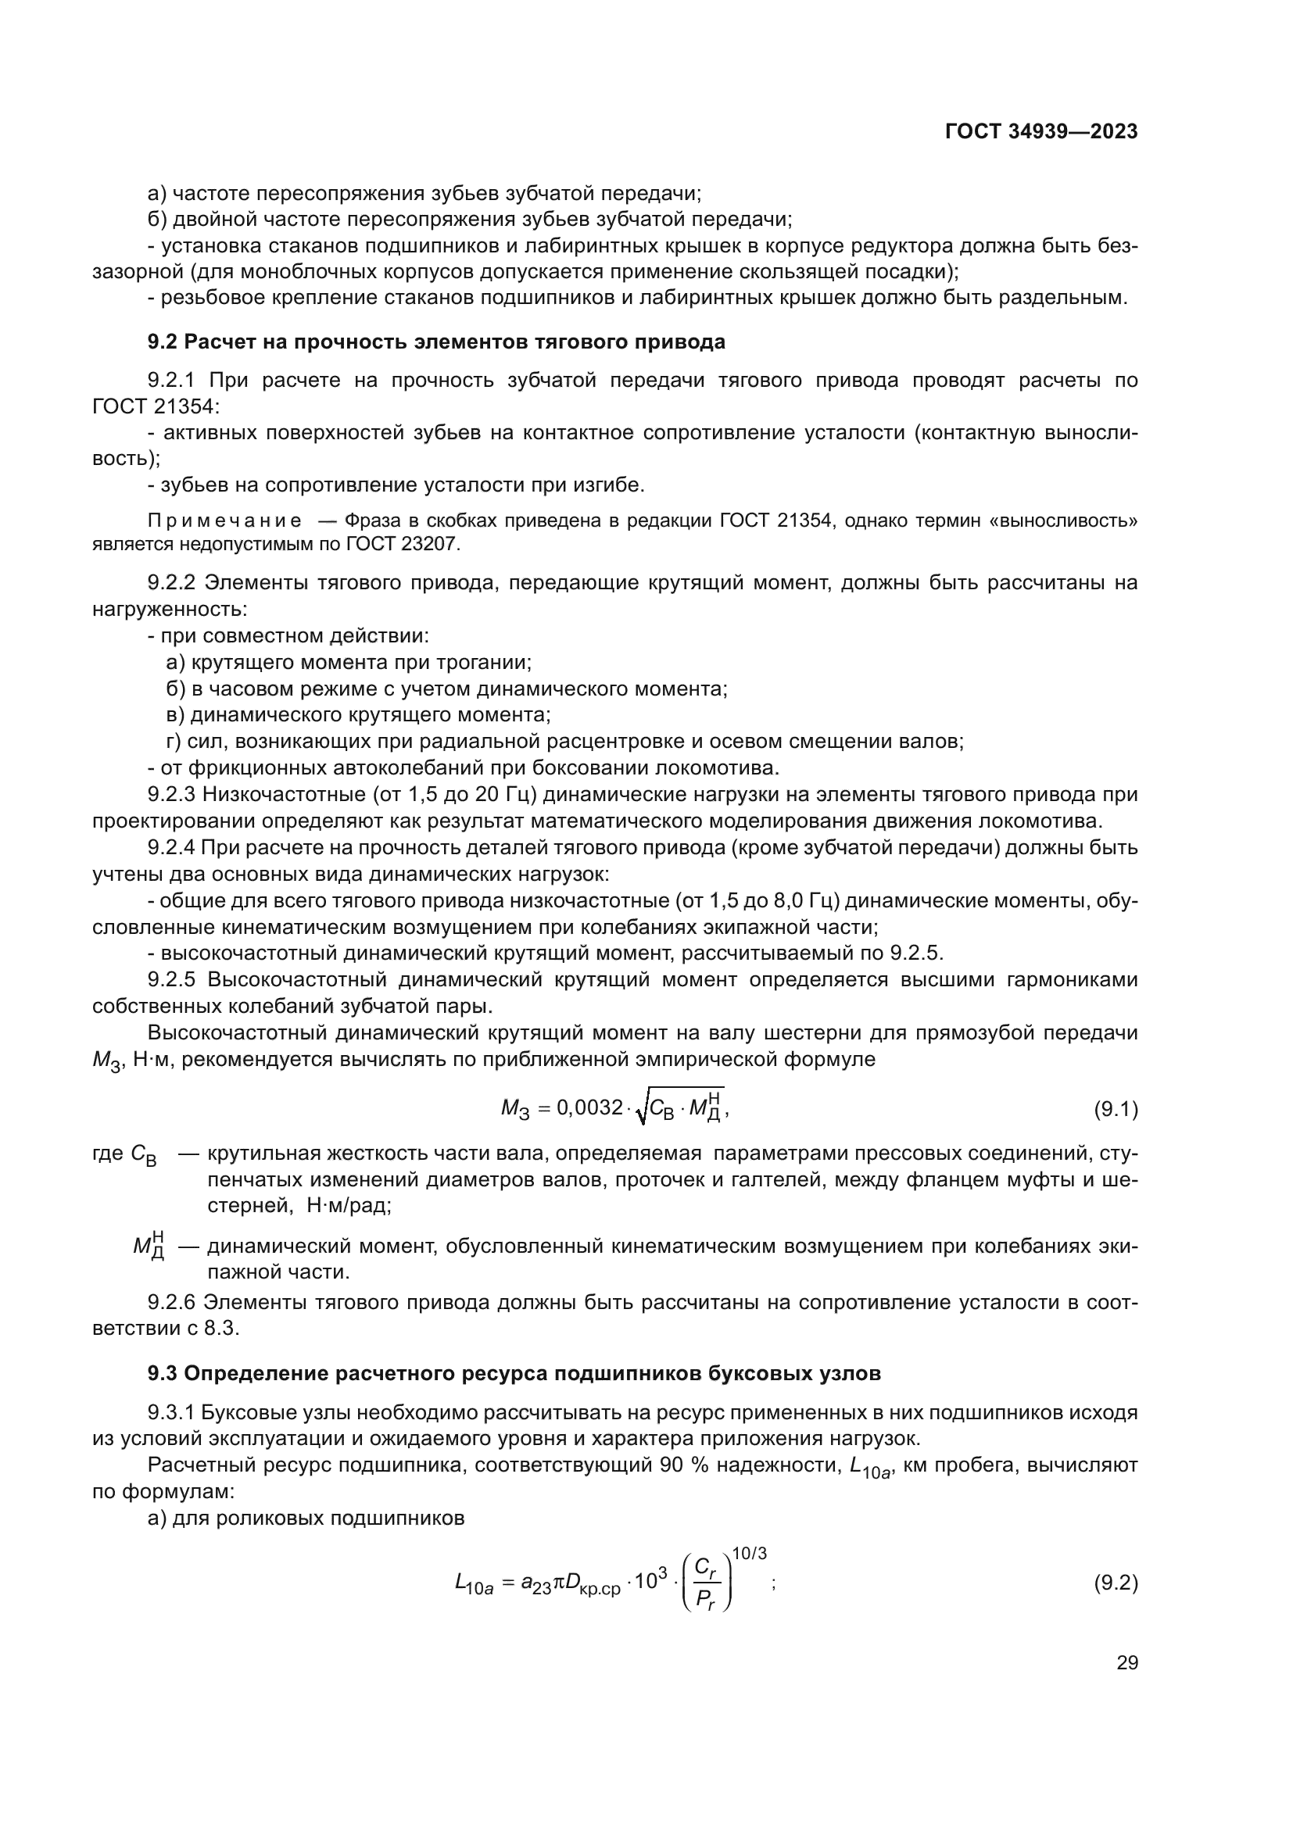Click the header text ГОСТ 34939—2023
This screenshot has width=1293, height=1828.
(1040, 132)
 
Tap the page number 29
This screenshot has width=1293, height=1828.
(1126, 1662)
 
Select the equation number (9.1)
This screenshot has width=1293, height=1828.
(1116, 1108)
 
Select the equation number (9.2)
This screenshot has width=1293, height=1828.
(1116, 1582)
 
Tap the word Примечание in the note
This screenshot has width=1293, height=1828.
(225, 521)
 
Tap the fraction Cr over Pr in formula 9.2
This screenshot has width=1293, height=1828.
(705, 1583)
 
